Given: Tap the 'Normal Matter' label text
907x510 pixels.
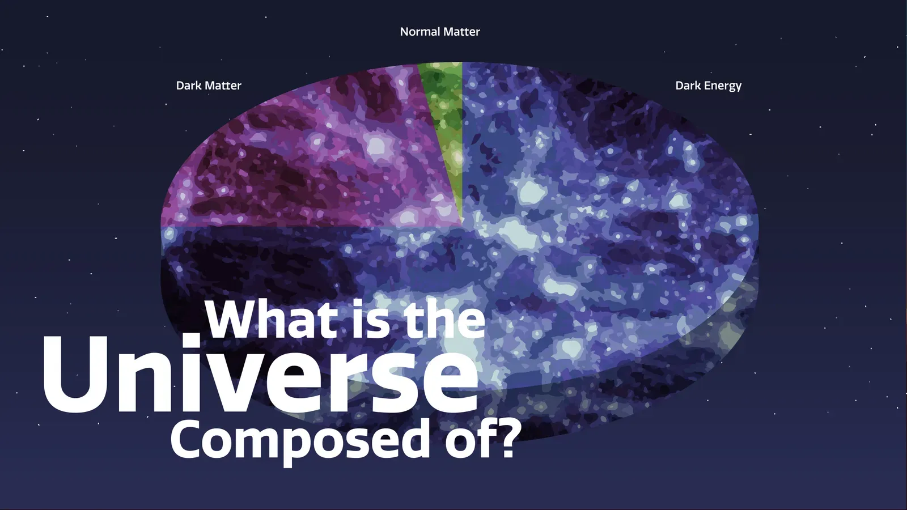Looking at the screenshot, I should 440,32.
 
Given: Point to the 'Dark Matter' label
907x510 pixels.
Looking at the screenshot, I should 209,86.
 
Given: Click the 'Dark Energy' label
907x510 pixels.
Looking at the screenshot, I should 708,86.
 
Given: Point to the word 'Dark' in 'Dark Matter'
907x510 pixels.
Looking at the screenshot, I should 189,86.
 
